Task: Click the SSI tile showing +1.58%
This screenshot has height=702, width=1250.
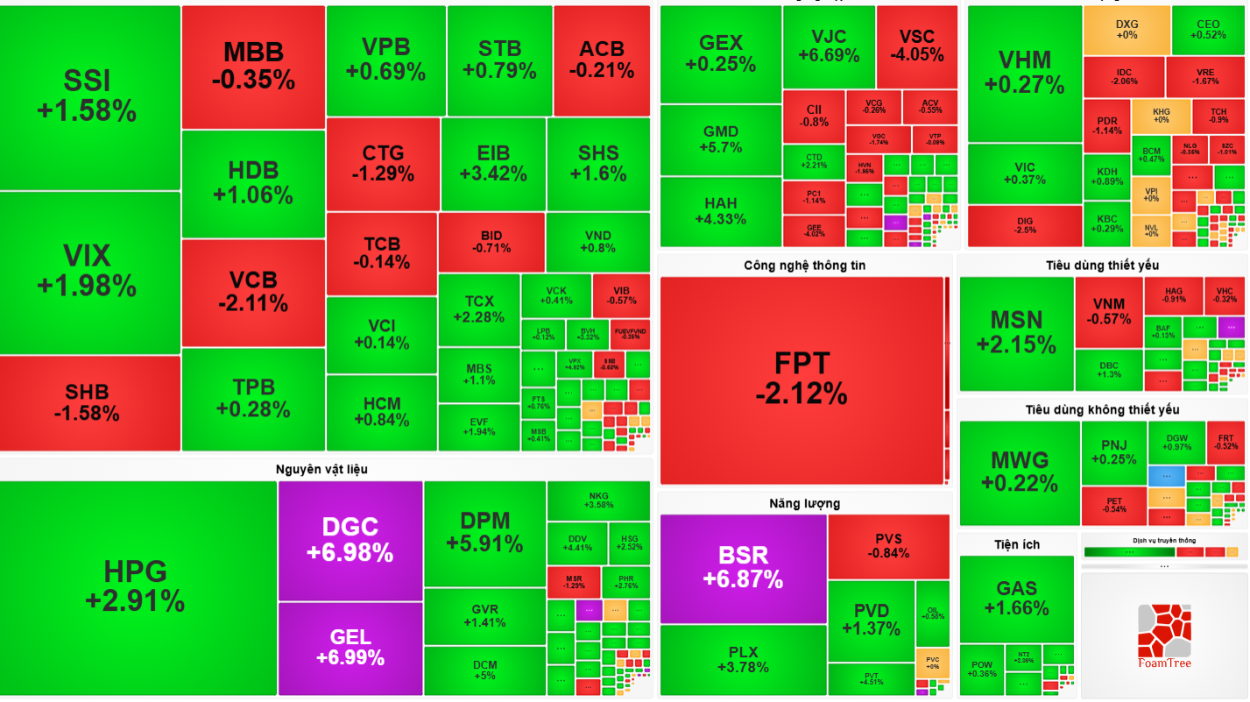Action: point(88,96)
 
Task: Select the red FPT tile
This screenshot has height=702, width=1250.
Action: point(802,379)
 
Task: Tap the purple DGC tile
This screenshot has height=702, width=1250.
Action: point(350,540)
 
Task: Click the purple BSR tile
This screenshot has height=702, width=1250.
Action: point(743,567)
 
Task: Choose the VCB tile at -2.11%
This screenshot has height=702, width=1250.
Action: point(253,292)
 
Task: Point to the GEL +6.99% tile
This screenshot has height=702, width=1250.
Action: point(350,647)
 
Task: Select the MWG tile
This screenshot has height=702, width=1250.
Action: point(1020,472)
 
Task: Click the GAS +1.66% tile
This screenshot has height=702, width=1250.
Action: point(1016,598)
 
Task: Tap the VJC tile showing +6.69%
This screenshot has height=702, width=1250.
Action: point(829,46)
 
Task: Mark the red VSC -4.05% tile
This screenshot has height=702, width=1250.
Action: point(917,46)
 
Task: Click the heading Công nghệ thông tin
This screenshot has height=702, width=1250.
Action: point(804,265)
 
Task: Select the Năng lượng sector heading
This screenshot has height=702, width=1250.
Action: point(804,503)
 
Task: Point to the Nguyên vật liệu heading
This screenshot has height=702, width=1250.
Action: point(321,469)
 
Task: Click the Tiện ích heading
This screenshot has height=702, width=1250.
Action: point(1017,544)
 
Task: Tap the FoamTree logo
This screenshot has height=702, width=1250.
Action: point(1164,635)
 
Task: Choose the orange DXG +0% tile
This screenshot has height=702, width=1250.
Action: point(1126,30)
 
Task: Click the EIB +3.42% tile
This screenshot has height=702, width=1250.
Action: point(493,163)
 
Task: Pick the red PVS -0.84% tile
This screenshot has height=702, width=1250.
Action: point(888,545)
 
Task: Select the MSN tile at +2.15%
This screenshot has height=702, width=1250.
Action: point(1016,331)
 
